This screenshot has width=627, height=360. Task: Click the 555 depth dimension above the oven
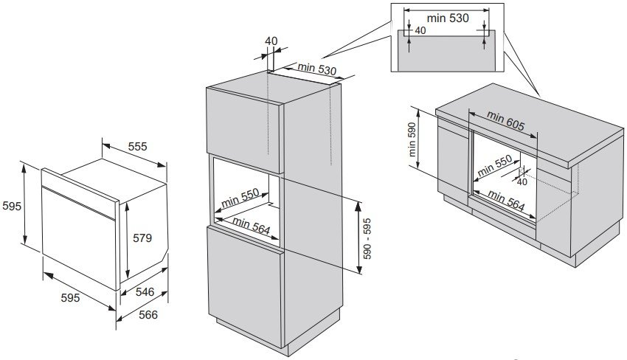coord(137,146)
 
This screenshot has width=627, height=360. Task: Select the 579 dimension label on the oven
coord(142,238)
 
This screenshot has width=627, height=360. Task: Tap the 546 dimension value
coord(144,293)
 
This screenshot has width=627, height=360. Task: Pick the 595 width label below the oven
coord(70,298)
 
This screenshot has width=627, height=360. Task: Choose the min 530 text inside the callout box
coord(447,17)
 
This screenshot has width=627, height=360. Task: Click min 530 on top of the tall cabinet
coord(316,70)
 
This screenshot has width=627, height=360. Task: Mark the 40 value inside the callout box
coord(420,31)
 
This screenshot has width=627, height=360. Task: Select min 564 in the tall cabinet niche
coord(250,223)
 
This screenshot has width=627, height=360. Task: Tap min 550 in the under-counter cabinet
coord(494,169)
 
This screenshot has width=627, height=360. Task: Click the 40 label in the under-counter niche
coord(522,181)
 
